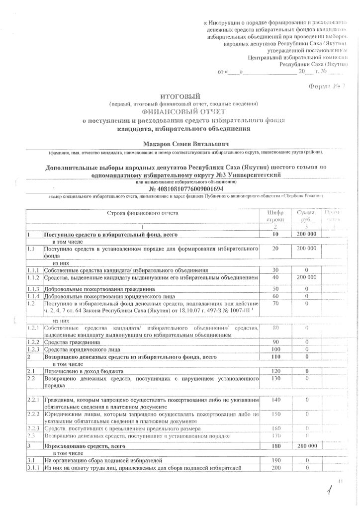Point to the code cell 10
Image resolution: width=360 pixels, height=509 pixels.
pos(275,234)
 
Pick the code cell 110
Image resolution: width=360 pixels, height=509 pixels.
pos(275,357)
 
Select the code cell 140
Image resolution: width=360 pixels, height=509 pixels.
pos(275,400)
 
